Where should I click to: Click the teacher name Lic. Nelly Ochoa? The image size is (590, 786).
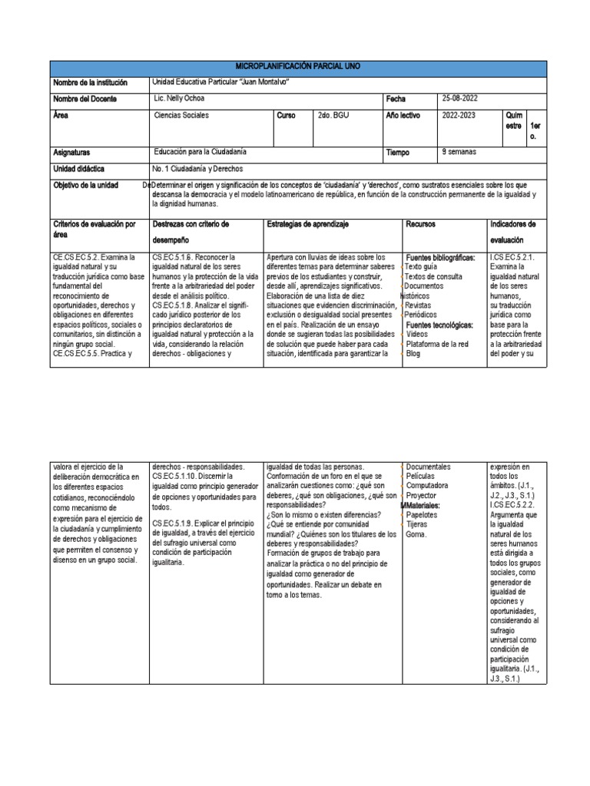tap(180, 99)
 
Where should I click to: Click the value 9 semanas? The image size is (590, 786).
tap(459, 152)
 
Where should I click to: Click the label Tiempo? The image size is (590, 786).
tap(398, 153)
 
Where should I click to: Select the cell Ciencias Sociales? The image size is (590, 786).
tap(181, 116)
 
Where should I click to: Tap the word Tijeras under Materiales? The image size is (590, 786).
tap(418, 525)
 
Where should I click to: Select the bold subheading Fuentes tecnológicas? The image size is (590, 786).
tap(439, 325)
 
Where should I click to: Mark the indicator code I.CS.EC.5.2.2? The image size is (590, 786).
tap(514, 506)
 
